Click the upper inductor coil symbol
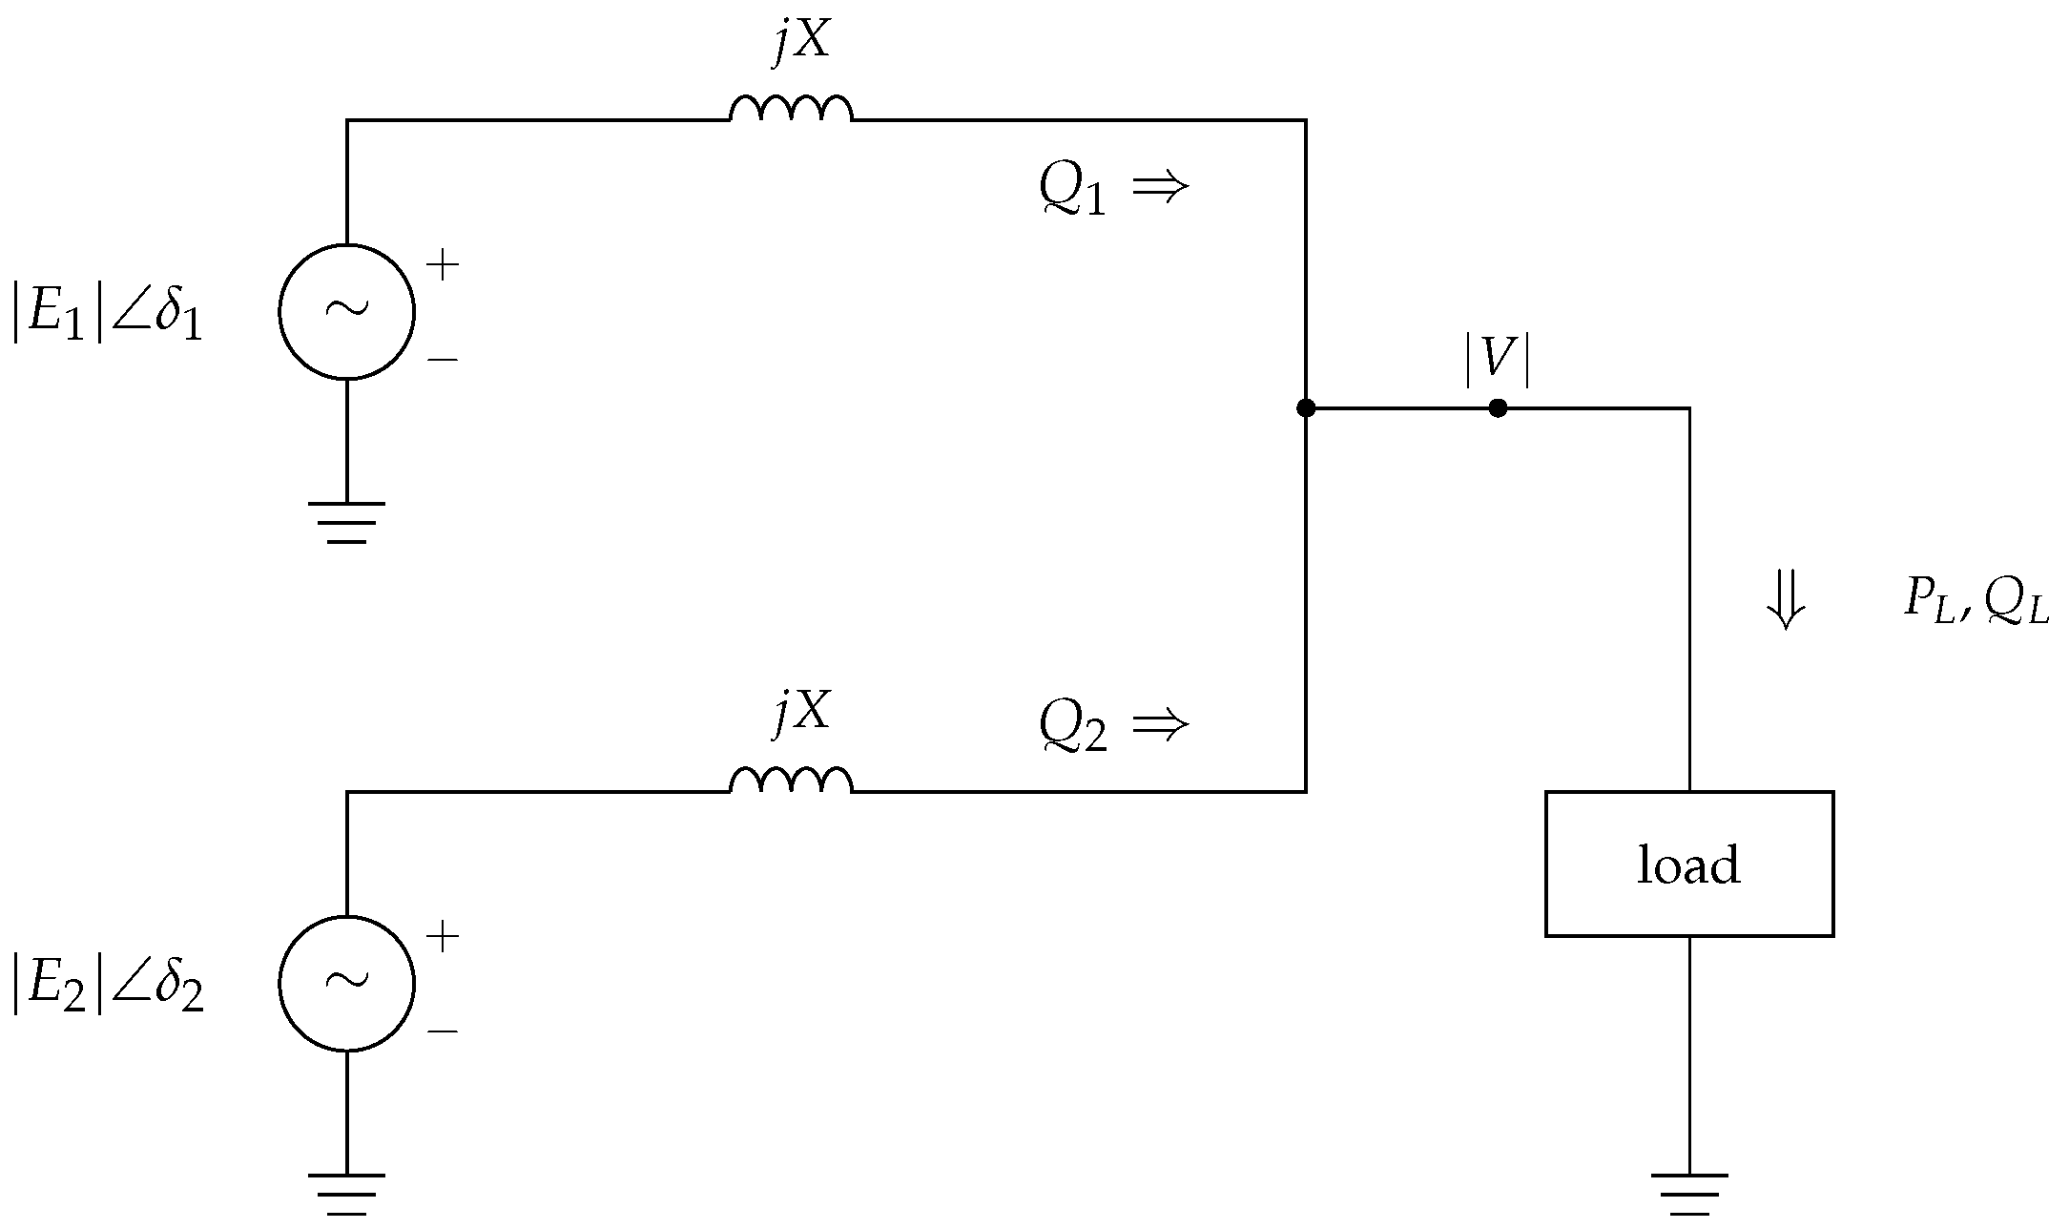pyautogui.click(x=791, y=108)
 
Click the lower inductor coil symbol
pyautogui.click(x=791, y=780)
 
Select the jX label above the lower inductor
pyautogui.click(x=802, y=711)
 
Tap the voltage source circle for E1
pyautogui.click(x=346, y=311)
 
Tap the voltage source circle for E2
pyautogui.click(x=346, y=983)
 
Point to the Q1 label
pyautogui.click(x=1072, y=191)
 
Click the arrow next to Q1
pyautogui.click(x=1160, y=186)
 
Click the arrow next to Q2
pyautogui.click(x=1160, y=725)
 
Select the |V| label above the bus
pyautogui.click(x=1498, y=364)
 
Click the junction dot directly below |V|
pyautogui.click(x=1498, y=408)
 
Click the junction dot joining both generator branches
pyautogui.click(x=1306, y=408)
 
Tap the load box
pyautogui.click(x=1688, y=864)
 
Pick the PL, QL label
pyautogui.click(x=1976, y=603)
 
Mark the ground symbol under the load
pyautogui.click(x=1688, y=1193)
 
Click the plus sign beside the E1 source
pyautogui.click(x=443, y=264)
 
